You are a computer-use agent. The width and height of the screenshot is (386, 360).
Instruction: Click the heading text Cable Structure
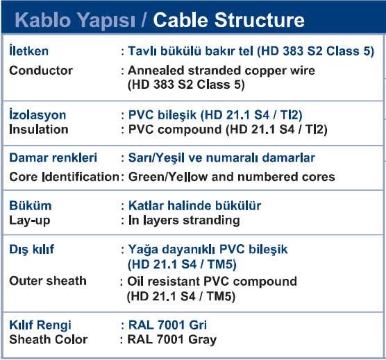(x=228, y=20)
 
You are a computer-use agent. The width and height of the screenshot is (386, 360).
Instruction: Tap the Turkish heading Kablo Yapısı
(x=75, y=21)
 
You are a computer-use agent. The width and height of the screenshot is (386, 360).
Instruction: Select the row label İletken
(x=28, y=50)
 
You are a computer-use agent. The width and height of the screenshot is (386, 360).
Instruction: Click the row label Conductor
(x=41, y=70)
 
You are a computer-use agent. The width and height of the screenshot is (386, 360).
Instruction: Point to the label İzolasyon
(x=37, y=114)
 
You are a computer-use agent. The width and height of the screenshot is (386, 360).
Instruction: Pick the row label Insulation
(x=39, y=129)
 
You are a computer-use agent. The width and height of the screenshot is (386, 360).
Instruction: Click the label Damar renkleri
(x=53, y=157)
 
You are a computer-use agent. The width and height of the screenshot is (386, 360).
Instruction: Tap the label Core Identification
(x=64, y=177)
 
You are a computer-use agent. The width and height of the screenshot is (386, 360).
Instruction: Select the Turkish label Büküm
(x=31, y=205)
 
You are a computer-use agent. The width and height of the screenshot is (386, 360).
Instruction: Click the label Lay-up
(x=30, y=221)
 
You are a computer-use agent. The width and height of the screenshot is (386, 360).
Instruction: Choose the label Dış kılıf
(x=31, y=249)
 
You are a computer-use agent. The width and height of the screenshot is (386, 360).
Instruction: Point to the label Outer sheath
(x=48, y=281)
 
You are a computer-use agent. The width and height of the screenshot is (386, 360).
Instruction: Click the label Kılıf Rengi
(x=40, y=325)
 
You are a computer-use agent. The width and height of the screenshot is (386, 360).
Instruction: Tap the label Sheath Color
(x=49, y=339)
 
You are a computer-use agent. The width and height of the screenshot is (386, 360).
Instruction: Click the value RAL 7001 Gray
(x=172, y=340)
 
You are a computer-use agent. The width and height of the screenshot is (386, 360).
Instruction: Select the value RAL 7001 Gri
(x=167, y=325)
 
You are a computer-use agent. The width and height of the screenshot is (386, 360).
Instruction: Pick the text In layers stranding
(x=184, y=221)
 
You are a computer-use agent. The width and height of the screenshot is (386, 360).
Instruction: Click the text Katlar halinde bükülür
(x=194, y=205)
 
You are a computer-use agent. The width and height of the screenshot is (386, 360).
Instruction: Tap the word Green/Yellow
(x=168, y=177)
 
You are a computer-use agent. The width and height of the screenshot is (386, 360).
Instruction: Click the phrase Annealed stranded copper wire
(x=221, y=71)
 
